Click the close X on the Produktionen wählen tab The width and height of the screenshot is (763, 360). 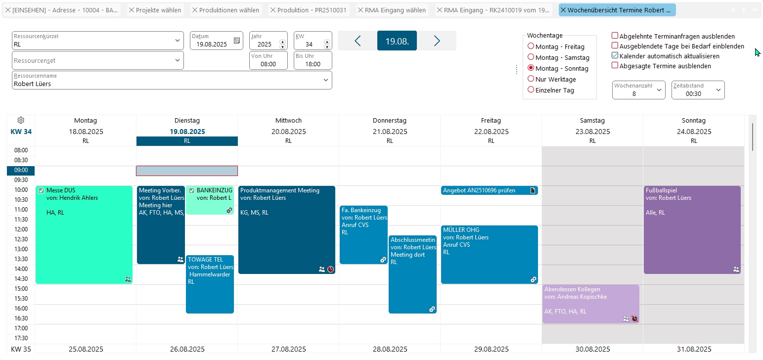195,10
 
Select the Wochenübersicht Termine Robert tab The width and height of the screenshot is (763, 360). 619,10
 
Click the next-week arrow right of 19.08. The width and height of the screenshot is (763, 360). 437,41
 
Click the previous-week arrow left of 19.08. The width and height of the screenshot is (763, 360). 358,41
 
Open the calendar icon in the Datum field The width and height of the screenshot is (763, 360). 236,40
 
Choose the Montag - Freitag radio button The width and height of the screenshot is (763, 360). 531,46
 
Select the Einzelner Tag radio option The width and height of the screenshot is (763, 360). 531,90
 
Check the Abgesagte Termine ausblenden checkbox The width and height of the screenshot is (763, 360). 615,65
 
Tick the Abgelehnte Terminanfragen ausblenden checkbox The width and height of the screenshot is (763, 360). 615,36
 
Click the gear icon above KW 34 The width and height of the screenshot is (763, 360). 21,120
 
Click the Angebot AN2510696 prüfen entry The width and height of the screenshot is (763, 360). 485,190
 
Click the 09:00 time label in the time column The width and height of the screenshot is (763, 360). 21,170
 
